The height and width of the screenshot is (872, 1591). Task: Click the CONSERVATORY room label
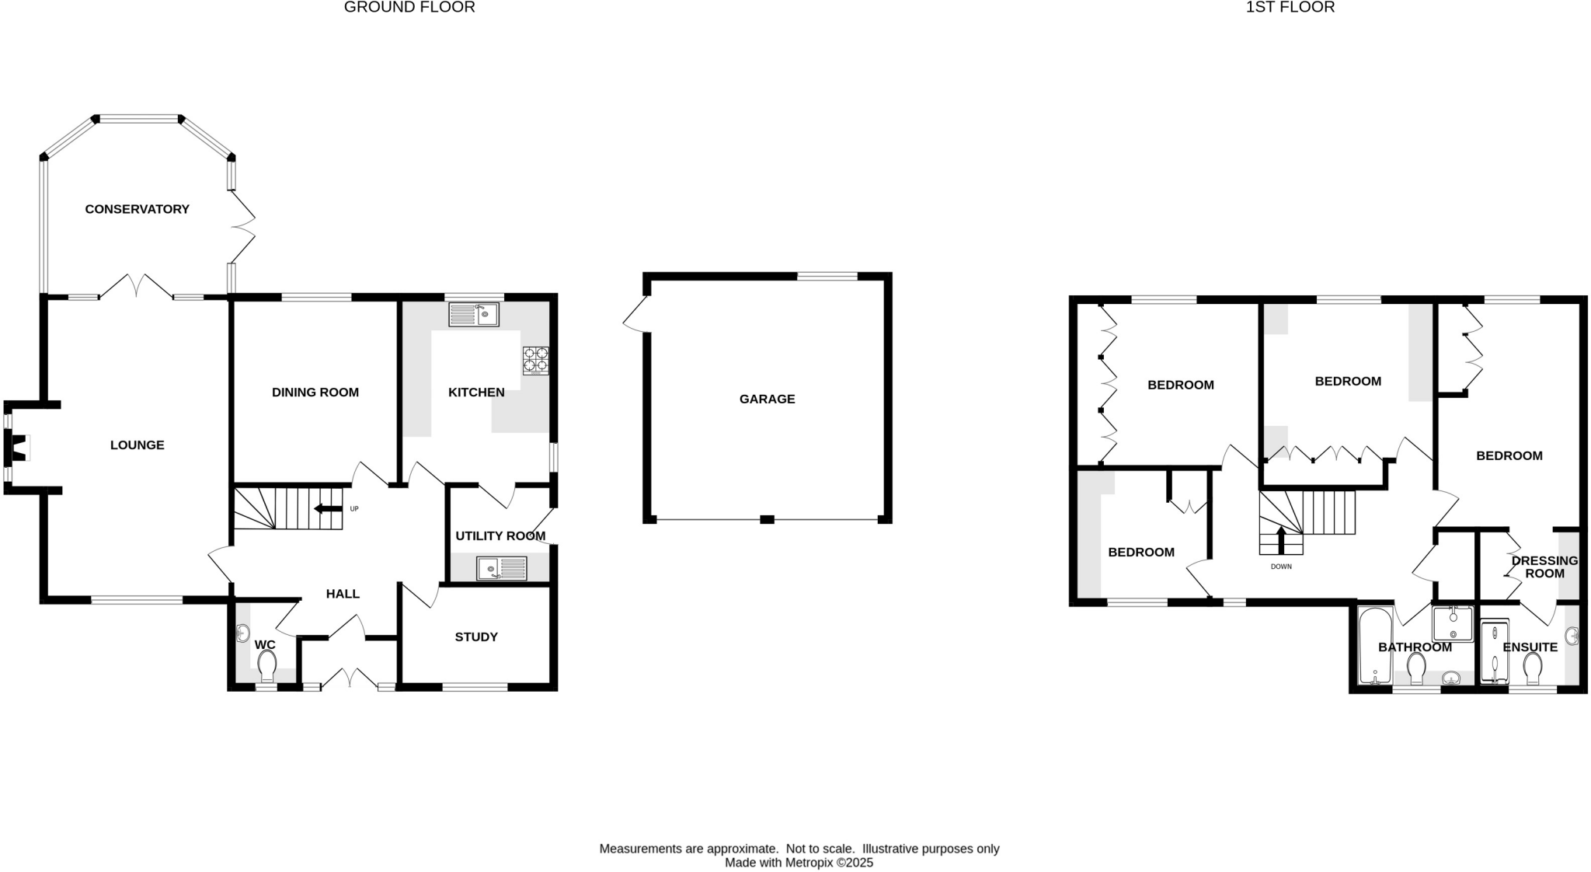click(x=137, y=209)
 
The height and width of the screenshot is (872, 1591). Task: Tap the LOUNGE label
click(x=137, y=445)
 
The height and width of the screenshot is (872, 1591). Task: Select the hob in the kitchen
click(x=535, y=361)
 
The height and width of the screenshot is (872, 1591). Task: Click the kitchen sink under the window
click(x=473, y=315)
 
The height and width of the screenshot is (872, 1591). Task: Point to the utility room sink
click(x=501, y=569)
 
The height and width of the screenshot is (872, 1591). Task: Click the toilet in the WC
click(x=266, y=666)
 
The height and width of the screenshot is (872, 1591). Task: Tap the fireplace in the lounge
click(x=16, y=448)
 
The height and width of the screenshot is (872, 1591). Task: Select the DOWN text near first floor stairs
click(x=1281, y=567)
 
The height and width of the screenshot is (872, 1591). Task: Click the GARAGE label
click(x=767, y=399)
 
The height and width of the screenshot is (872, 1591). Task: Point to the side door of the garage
click(x=635, y=316)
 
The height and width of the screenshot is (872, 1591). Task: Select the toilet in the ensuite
click(x=1532, y=668)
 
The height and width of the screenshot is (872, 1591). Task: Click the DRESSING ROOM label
click(x=1544, y=567)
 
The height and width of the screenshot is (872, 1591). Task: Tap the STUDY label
click(x=476, y=637)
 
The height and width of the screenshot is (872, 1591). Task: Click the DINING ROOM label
click(x=315, y=392)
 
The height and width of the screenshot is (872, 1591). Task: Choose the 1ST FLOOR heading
click(x=1290, y=8)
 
